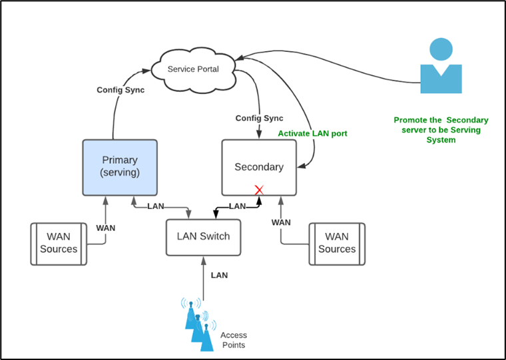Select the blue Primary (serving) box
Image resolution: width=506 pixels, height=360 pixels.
pyautogui.click(x=119, y=167)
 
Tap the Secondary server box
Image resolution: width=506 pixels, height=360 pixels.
pyautogui.click(x=259, y=167)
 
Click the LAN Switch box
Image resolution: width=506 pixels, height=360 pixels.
pyautogui.click(x=203, y=236)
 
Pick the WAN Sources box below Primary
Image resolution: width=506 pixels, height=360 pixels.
pyautogui.click(x=59, y=244)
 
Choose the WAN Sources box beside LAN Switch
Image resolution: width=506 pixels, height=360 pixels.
pyautogui.click(x=337, y=244)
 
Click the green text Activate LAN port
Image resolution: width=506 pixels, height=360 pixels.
pyautogui.click(x=312, y=134)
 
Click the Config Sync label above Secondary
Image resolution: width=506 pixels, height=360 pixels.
pyautogui.click(x=259, y=118)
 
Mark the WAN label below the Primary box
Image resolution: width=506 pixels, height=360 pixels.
pyautogui.click(x=105, y=228)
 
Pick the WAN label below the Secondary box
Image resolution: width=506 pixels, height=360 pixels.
pyautogui.click(x=281, y=222)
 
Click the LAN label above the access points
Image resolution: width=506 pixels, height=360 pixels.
pyautogui.click(x=220, y=275)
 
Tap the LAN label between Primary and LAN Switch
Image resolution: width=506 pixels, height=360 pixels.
pyautogui.click(x=155, y=206)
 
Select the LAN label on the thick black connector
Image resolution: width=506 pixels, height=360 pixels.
pyautogui.click(x=237, y=206)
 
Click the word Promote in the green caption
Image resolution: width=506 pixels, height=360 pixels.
pyautogui.click(x=410, y=120)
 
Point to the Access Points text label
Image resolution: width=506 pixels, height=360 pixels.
pyautogui.click(x=233, y=340)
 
